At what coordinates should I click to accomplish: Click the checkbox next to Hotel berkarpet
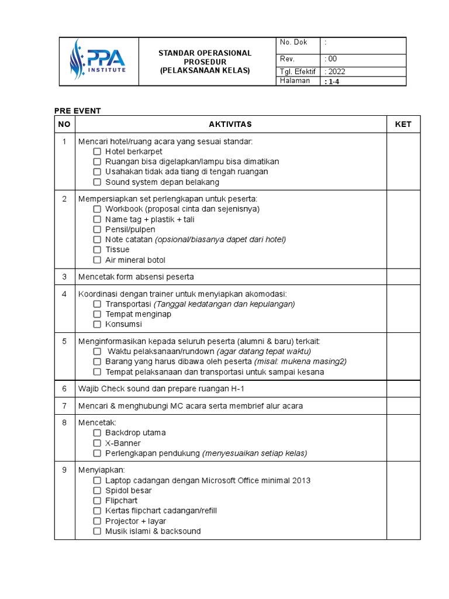97,152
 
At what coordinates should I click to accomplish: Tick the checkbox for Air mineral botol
97,260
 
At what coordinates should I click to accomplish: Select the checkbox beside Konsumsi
97,324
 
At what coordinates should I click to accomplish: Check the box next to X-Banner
97,443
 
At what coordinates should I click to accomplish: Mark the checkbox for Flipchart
97,501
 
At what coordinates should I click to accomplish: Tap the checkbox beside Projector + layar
97,521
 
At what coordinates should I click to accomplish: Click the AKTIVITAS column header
230,124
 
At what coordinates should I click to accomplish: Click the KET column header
403,124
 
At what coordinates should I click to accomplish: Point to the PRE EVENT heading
78,111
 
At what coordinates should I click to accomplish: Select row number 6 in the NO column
64,388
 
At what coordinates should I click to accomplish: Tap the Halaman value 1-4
334,82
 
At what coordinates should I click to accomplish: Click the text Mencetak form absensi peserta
136,277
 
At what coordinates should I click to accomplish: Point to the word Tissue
118,250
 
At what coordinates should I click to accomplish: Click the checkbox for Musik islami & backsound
97,531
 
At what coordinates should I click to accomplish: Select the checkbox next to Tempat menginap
97,314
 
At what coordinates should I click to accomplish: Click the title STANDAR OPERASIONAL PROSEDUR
205,57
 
